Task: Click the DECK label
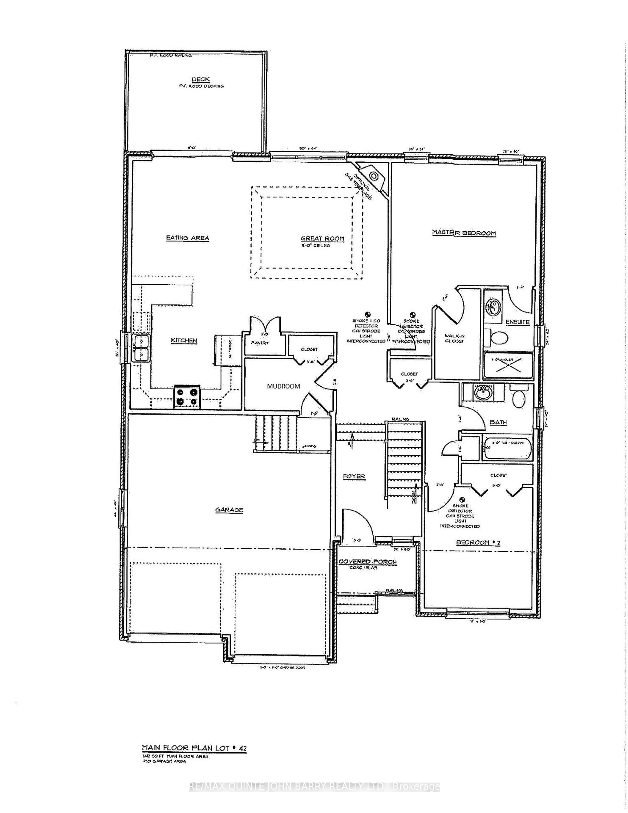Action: [201, 79]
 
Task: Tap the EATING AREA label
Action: [187, 238]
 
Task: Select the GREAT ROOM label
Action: [322, 239]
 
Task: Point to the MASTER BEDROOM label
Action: [464, 233]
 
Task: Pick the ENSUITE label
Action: [517, 322]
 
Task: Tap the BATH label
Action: [498, 422]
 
